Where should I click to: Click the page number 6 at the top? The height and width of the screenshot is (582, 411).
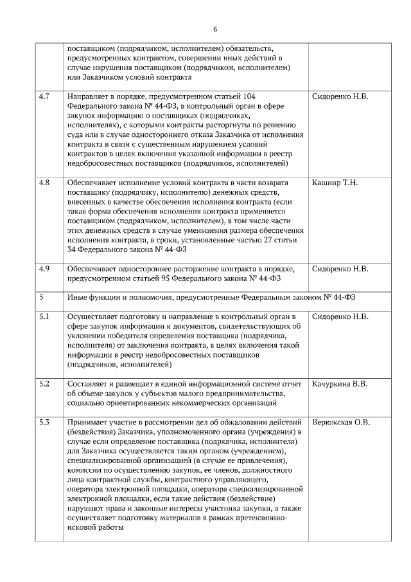[x=214, y=29]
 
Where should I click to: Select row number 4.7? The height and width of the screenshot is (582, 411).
[x=44, y=96]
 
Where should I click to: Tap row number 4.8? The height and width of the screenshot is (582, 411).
[x=44, y=183]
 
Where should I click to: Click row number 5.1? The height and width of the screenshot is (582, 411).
[x=44, y=316]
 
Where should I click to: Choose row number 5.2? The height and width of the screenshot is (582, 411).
[x=44, y=384]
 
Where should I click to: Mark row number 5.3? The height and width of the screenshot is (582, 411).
[x=44, y=423]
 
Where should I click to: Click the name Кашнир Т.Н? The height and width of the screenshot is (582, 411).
[x=335, y=183]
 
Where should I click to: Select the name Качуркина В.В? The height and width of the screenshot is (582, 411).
[x=340, y=384]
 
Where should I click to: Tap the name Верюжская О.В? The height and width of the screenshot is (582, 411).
[x=341, y=423]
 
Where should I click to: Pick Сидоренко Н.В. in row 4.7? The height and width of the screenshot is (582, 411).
[x=340, y=96]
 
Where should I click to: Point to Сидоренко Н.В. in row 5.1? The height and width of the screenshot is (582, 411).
[x=340, y=316]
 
